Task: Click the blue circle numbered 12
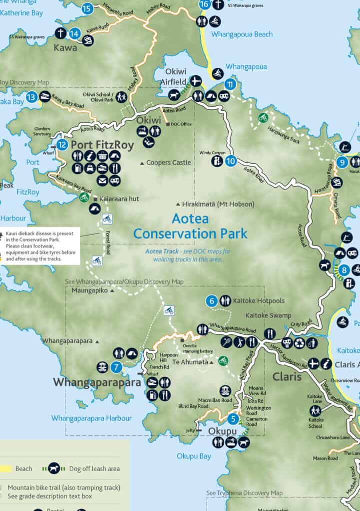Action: click(62, 145)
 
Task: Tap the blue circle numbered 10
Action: click(230, 161)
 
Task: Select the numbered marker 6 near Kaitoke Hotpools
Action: click(212, 301)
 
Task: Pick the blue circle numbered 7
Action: click(116, 367)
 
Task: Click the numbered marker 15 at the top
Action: click(87, 8)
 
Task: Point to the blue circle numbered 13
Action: click(32, 97)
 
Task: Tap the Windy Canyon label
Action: click(212, 153)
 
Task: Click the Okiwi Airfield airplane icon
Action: click(196, 81)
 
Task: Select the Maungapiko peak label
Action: click(90, 290)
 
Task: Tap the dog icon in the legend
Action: click(54, 469)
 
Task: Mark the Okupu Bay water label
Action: click(194, 456)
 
